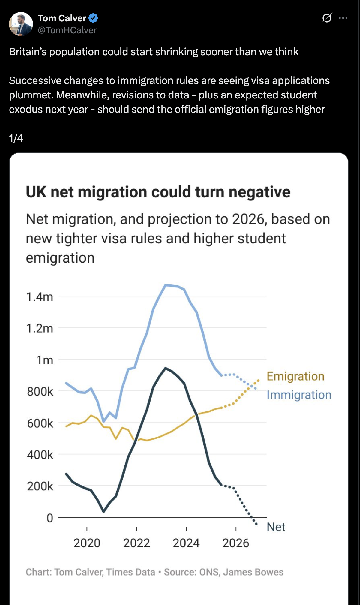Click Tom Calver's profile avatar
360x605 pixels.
coord(21,24)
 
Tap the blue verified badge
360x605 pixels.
coord(93,18)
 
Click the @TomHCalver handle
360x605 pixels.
coord(67,30)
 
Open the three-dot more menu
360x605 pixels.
coord(343,18)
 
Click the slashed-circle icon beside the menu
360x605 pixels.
coord(327,18)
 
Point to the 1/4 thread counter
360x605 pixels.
coord(16,138)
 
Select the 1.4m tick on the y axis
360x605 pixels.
coord(40,297)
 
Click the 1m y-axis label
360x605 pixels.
coord(45,360)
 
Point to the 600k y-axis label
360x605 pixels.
coord(40,423)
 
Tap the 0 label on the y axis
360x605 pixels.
coord(50,518)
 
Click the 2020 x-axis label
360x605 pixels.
coord(87,543)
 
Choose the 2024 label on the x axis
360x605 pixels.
coord(186,543)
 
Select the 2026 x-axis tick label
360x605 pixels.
coord(236,543)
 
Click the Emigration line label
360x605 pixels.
coord(295,376)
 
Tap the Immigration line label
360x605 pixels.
coord(299,395)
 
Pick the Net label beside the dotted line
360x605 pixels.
coord(276,527)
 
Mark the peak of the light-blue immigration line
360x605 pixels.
coord(166,285)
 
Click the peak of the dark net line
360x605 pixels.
coord(165,368)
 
